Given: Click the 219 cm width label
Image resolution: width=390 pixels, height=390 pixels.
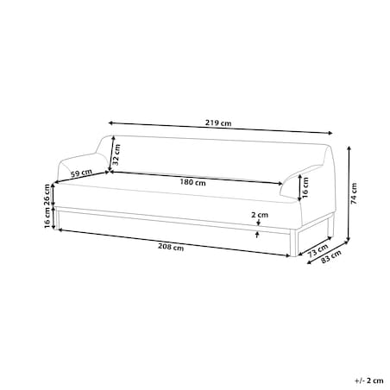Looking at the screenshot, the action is [x=218, y=123].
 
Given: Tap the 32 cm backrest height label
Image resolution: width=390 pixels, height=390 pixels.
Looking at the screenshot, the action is [x=116, y=154].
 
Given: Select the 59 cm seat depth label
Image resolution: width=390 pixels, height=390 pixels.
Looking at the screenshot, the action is [x=82, y=173].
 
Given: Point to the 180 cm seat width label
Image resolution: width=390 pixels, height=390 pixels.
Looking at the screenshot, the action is [x=192, y=182].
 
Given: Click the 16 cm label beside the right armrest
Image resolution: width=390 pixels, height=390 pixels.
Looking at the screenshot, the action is [x=305, y=187].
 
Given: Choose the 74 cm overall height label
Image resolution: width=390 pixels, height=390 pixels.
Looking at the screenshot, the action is [x=354, y=193].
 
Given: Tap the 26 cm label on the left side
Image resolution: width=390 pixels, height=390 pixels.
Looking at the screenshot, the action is [x=47, y=195].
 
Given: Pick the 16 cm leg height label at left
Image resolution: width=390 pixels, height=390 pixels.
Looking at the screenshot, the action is [x=47, y=217].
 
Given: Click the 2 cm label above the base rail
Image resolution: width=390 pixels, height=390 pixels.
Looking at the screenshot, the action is [x=260, y=215].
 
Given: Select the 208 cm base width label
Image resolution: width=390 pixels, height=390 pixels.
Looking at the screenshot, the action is [x=171, y=247].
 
